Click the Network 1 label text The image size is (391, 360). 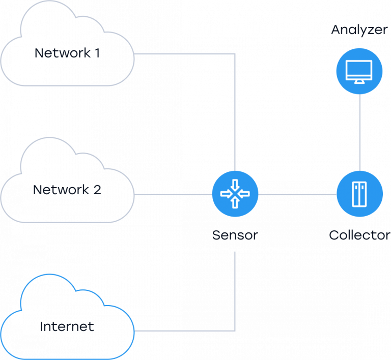pyautogui.click(x=67, y=53)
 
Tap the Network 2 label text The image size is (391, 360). pyautogui.click(x=67, y=190)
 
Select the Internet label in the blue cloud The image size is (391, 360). pyautogui.click(x=67, y=326)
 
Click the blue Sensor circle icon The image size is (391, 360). pyautogui.click(x=235, y=194)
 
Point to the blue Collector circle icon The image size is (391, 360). pyautogui.click(x=359, y=194)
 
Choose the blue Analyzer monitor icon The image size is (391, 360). pyautogui.click(x=359, y=71)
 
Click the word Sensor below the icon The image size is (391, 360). pyautogui.click(x=235, y=235)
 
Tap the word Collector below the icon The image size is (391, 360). pyautogui.click(x=359, y=235)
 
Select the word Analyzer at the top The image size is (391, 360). pyautogui.click(x=359, y=29)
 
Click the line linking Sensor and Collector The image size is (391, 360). pyautogui.click(x=297, y=194)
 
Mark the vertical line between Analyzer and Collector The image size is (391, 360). pyautogui.click(x=359, y=132)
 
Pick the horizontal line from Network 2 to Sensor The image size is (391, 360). pyautogui.click(x=173, y=194)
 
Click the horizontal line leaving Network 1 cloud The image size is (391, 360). pyautogui.click(x=183, y=53)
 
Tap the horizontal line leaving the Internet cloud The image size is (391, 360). pyautogui.click(x=183, y=331)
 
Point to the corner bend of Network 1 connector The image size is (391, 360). pyautogui.click(x=235, y=53)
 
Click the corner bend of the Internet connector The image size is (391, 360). pyautogui.click(x=235, y=331)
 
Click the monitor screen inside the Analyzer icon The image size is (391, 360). pyautogui.click(x=359, y=69)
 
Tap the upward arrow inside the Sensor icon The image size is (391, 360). pyautogui.click(x=235, y=202)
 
